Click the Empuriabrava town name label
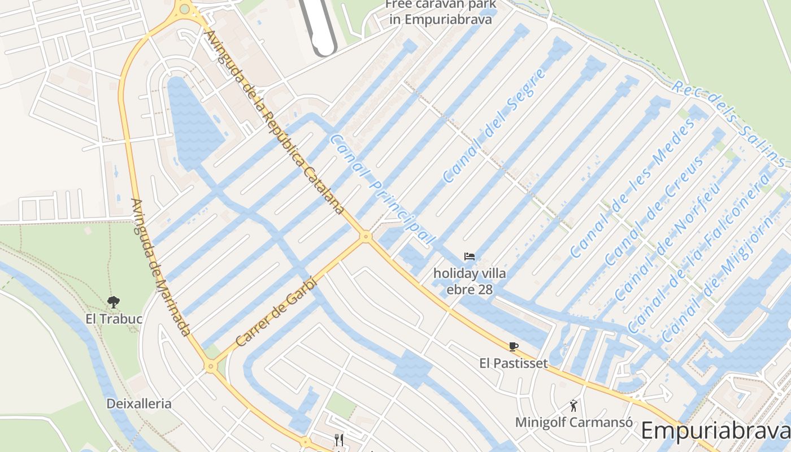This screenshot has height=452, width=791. [x=715, y=431]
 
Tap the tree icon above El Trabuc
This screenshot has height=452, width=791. [x=114, y=302]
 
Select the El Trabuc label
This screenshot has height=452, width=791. [x=114, y=319]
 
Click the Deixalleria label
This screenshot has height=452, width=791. [x=139, y=403]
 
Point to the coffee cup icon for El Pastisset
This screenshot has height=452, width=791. [x=513, y=346]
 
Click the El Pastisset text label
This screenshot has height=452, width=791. [x=513, y=363]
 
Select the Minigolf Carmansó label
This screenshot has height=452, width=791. [x=573, y=422]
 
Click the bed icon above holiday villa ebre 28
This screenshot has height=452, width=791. [x=470, y=257]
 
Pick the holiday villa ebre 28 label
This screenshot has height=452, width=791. [x=470, y=281]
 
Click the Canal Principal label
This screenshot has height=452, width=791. [x=382, y=189]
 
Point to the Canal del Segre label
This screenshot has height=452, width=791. [x=494, y=126]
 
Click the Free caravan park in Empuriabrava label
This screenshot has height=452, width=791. [x=439, y=12]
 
